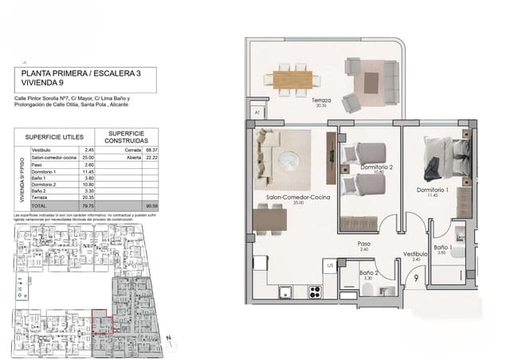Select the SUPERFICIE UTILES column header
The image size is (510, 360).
coord(49,136)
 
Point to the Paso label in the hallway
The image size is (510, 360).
coord(364,245)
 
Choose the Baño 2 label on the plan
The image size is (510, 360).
coord(366,275)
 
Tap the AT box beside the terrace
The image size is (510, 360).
coord(257,113)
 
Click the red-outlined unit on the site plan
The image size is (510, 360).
coord(102,321)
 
